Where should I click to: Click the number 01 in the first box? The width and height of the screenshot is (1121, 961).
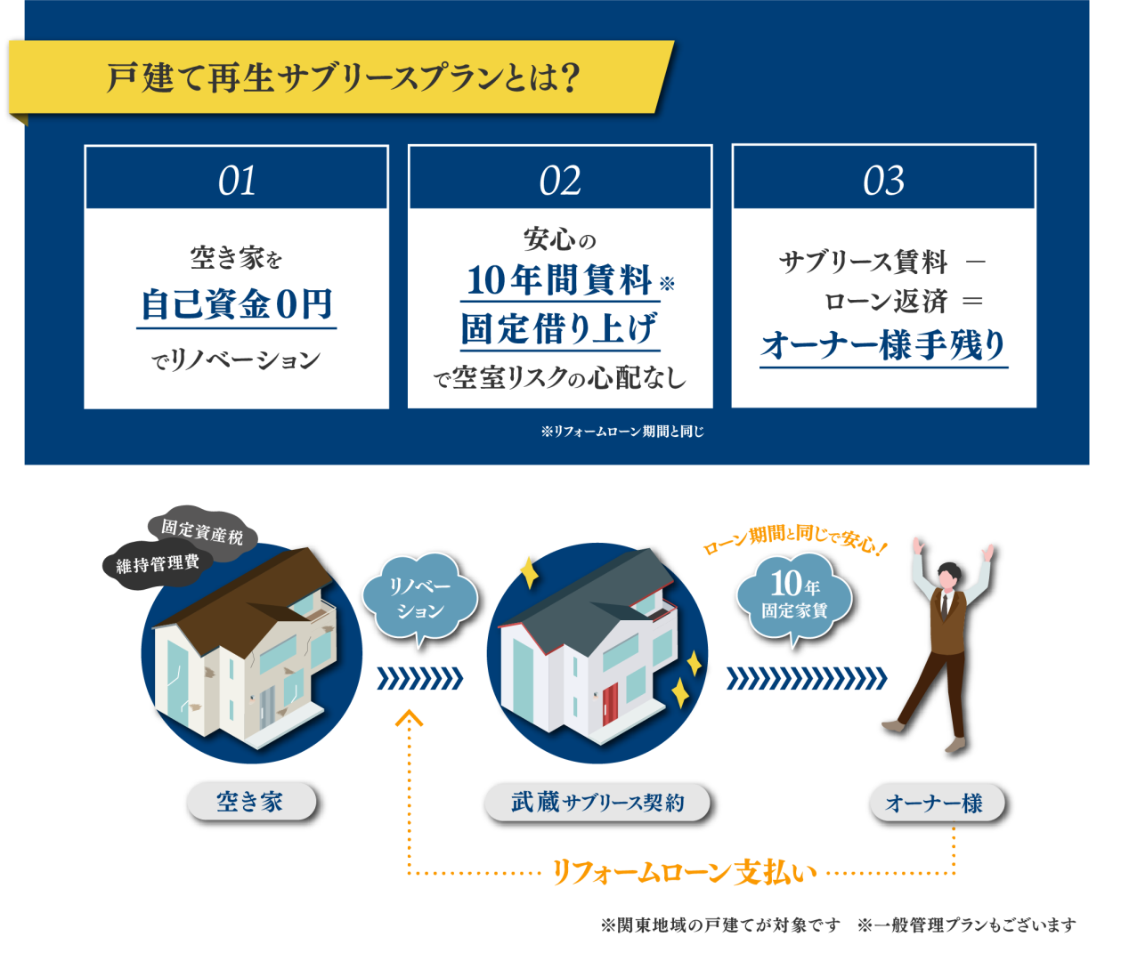[237, 181]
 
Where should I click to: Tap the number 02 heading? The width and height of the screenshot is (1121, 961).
[560, 181]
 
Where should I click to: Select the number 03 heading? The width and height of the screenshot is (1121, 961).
[884, 181]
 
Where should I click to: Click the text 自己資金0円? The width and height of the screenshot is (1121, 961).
[237, 304]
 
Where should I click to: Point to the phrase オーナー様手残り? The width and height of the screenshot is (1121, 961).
[883, 344]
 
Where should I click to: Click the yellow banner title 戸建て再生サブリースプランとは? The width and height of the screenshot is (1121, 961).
[344, 78]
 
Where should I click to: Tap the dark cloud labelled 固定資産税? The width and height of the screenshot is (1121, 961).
[202, 532]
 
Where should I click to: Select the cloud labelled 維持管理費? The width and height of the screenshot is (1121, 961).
[158, 564]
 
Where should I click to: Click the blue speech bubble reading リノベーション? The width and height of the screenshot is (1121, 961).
[419, 598]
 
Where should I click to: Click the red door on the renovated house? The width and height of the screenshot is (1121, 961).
[610, 704]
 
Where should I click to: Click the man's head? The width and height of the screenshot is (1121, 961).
[948, 577]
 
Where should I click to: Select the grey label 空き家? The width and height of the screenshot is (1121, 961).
[250, 801]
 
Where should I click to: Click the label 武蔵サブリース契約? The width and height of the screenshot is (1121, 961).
[597, 803]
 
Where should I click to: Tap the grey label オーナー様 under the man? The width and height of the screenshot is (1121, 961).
[937, 803]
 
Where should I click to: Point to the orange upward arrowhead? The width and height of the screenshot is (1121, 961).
[409, 717]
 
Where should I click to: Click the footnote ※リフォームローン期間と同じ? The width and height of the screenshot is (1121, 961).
[622, 432]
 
